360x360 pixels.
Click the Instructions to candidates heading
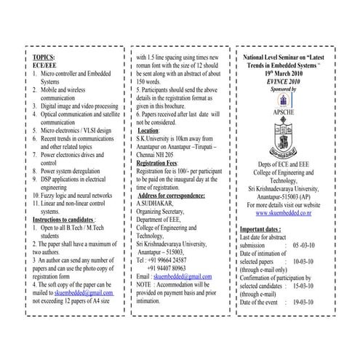click(x=65, y=219)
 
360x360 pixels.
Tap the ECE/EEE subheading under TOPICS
click(x=46, y=64)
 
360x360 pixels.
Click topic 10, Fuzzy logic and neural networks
click(x=76, y=195)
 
